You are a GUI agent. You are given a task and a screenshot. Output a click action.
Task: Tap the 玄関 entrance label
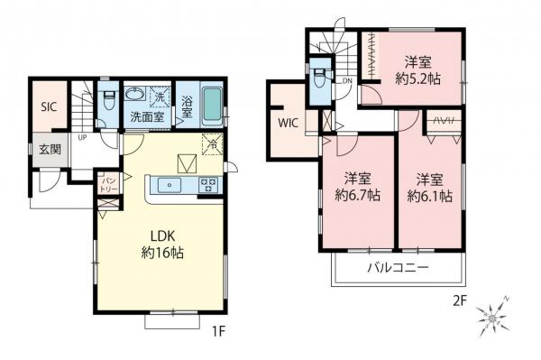[50, 149]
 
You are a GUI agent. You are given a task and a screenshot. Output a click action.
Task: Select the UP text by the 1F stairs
[82, 138]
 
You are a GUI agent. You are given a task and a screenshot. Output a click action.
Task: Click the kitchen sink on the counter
[169, 185]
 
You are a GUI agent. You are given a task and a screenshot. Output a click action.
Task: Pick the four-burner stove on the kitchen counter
[207, 185]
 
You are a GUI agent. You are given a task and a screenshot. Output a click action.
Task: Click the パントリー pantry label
[107, 183]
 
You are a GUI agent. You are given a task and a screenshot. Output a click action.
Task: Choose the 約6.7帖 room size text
[357, 194]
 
